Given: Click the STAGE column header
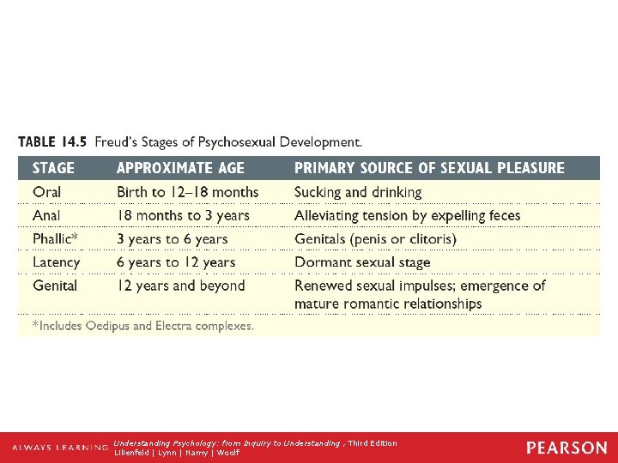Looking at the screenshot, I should (x=53, y=168).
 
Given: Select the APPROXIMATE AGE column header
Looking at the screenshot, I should (x=180, y=168).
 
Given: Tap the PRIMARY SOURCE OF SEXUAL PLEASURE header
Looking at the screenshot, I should (x=429, y=168).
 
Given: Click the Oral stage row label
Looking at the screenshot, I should (x=47, y=192).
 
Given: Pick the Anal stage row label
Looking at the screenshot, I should (x=47, y=215).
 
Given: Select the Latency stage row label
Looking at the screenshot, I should (x=57, y=262).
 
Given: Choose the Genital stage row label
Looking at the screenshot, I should (x=55, y=286).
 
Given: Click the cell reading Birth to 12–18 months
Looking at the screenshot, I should (x=187, y=192).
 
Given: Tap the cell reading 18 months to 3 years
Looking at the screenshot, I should (x=183, y=215).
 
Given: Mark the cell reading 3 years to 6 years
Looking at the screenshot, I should (x=173, y=239).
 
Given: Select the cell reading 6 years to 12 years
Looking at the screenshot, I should (x=176, y=262).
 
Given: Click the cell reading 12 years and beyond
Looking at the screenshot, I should (x=181, y=286).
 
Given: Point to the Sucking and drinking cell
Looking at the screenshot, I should (x=358, y=192).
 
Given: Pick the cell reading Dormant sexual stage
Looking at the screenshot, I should (x=362, y=262).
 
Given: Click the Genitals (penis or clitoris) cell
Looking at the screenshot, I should (x=375, y=239).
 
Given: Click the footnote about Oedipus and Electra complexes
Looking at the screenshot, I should (x=143, y=326).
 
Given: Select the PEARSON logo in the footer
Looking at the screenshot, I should (x=566, y=448).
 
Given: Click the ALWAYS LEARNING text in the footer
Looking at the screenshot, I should (x=60, y=448).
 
